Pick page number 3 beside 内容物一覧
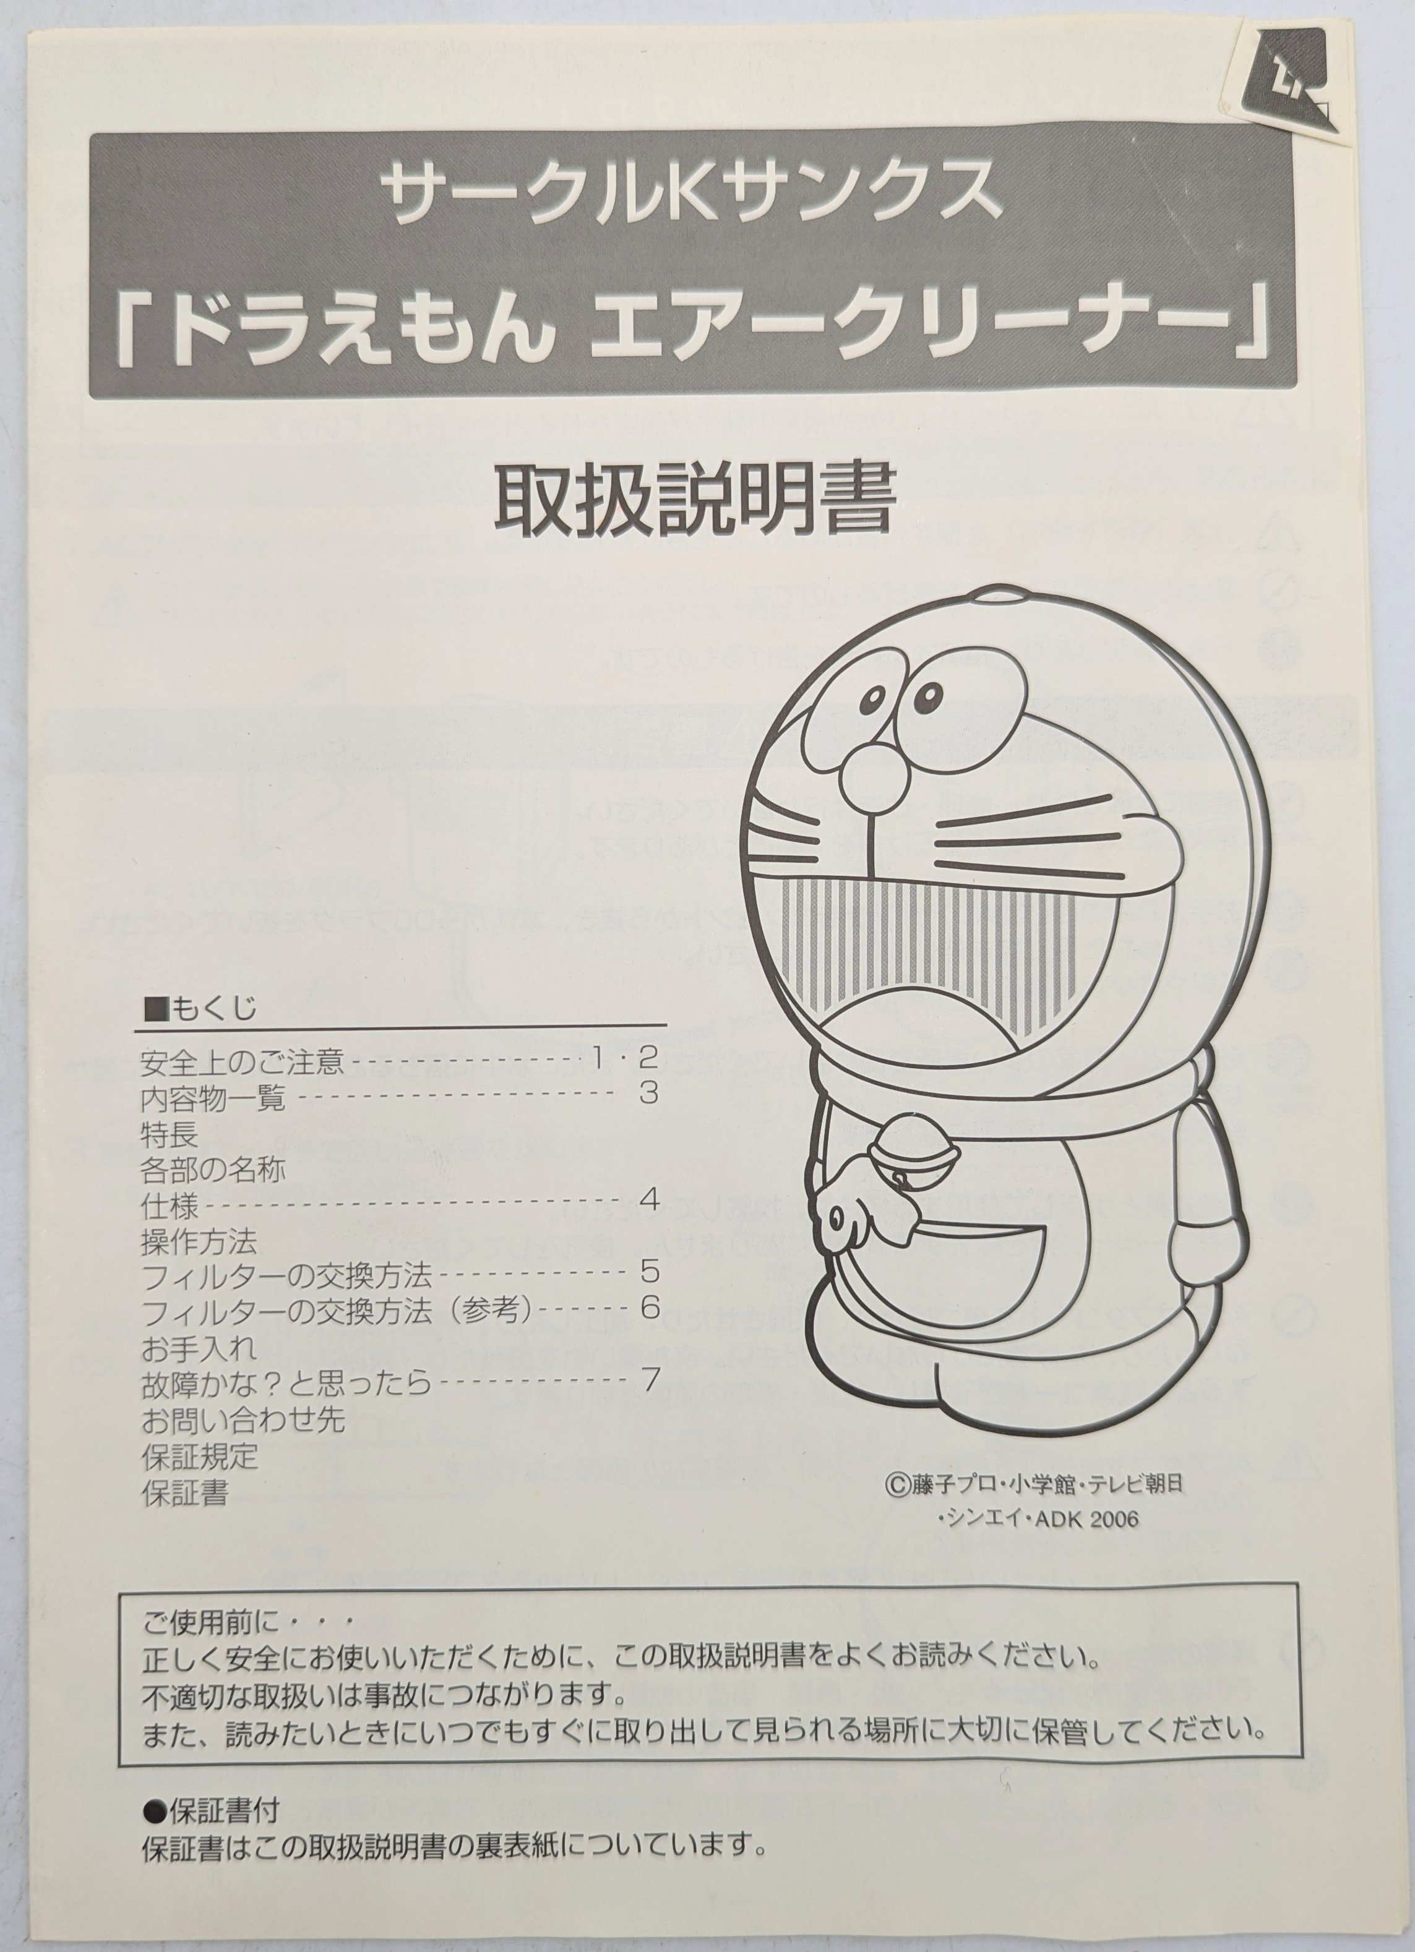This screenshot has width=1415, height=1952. point(648,1093)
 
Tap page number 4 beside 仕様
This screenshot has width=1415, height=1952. point(649,1199)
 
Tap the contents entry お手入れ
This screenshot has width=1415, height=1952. point(199,1348)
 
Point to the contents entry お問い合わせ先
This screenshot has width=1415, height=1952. point(243,1419)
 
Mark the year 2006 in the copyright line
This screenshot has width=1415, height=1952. point(1113,1519)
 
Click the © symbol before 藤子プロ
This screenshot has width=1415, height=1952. point(896,1484)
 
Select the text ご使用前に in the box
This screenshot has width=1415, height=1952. point(212,1622)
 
